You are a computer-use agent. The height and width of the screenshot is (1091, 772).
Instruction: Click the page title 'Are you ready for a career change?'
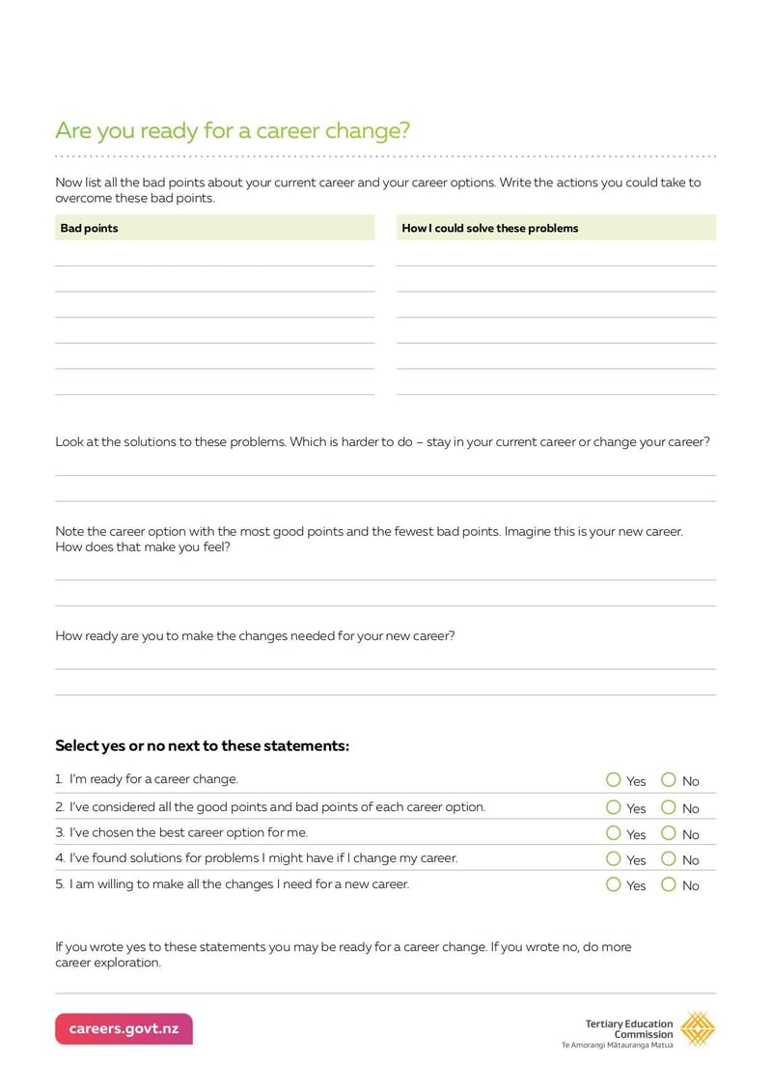click(233, 130)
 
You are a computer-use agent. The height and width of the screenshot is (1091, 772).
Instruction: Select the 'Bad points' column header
click(89, 229)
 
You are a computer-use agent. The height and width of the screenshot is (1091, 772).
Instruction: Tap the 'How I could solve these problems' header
click(489, 229)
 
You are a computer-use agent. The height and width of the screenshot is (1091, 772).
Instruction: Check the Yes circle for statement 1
click(614, 780)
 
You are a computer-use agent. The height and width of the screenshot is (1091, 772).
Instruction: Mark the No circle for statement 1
click(669, 780)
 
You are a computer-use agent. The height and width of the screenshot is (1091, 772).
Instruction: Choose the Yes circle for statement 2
click(614, 807)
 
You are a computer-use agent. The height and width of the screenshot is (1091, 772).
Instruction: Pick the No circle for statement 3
click(669, 833)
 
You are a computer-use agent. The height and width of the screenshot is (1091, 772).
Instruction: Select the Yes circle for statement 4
click(614, 858)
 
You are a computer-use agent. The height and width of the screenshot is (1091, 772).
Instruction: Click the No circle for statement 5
click(669, 884)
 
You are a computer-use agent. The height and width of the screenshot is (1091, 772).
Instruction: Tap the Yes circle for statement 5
click(614, 884)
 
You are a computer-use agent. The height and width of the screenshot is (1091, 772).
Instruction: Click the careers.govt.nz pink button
click(124, 1029)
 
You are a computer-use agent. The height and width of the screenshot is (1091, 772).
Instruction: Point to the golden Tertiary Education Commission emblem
click(698, 1029)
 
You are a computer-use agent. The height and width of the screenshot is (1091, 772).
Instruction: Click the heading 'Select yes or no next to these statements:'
click(202, 746)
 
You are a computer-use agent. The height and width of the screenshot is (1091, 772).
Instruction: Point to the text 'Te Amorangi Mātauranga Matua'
click(618, 1045)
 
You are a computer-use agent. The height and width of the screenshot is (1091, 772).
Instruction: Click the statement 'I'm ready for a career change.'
click(153, 779)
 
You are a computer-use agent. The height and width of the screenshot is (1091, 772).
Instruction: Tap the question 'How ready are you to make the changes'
click(255, 636)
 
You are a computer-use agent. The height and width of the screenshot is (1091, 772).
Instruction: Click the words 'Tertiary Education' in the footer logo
click(629, 1024)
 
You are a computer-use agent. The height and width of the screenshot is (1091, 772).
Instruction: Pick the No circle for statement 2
click(669, 807)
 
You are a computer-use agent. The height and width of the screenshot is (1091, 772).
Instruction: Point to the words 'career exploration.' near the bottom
click(108, 963)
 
